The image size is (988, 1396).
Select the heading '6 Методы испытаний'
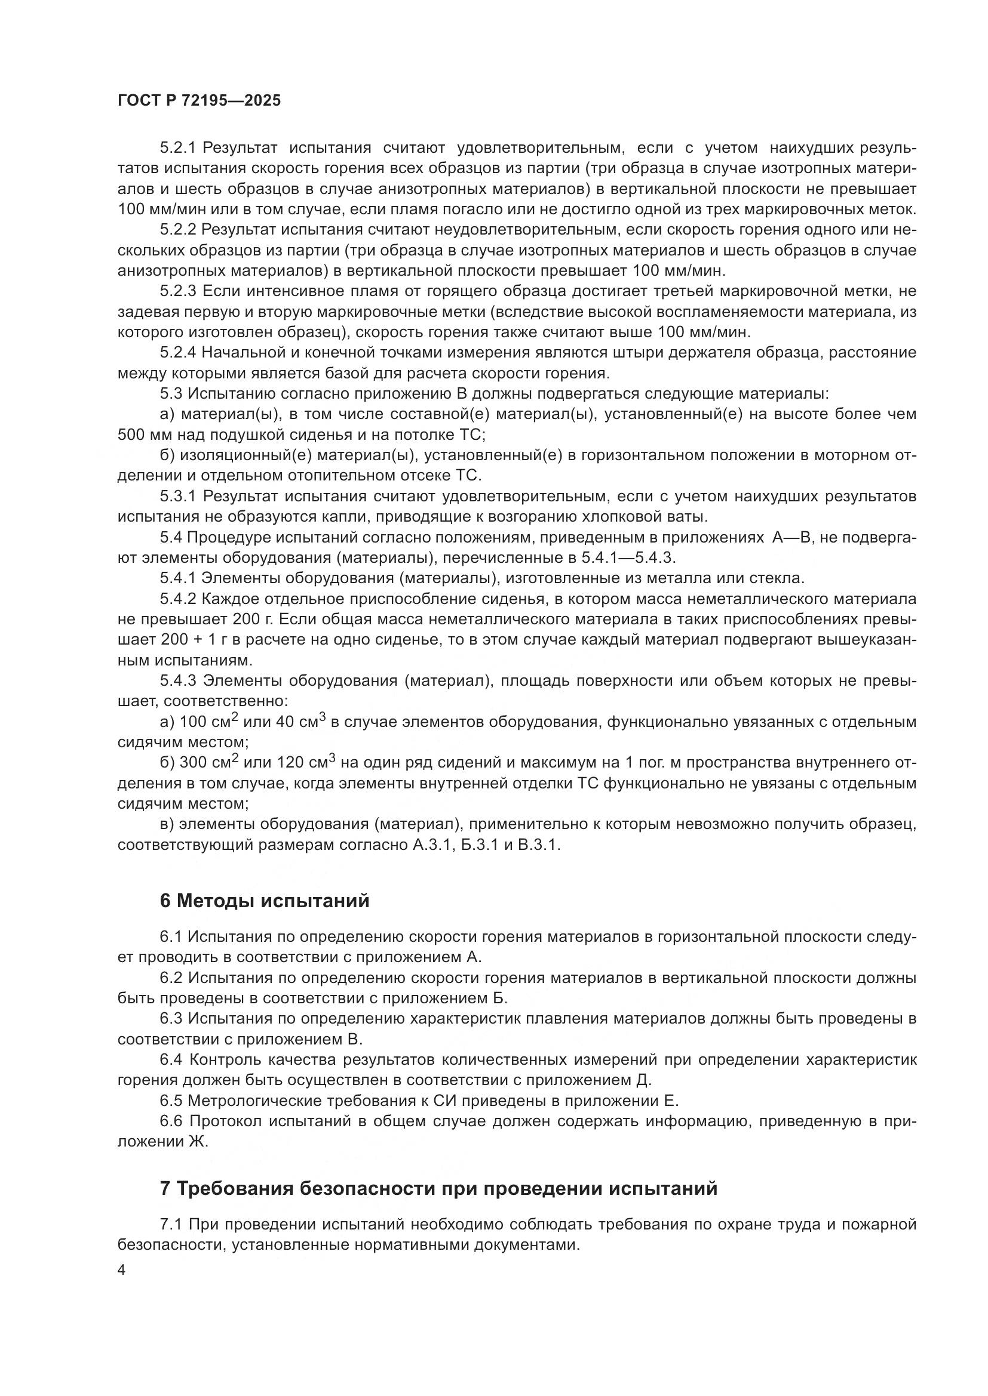pyautogui.click(x=264, y=901)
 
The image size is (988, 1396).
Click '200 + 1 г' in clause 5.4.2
pyautogui.click(x=197, y=640)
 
